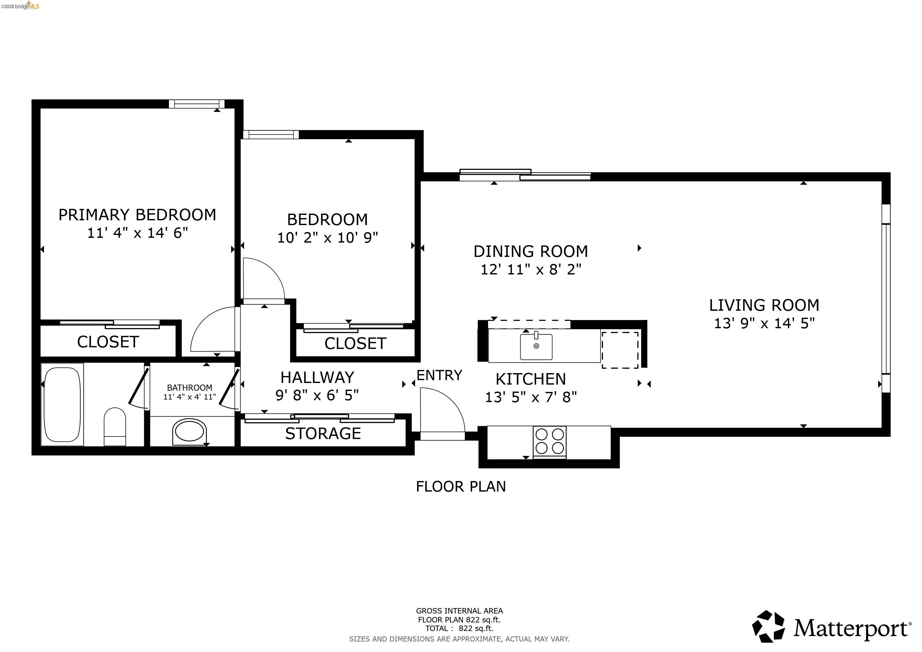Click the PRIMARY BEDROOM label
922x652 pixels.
[x=137, y=215]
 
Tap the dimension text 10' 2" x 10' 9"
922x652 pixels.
[x=327, y=238]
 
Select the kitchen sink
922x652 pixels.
[x=536, y=346]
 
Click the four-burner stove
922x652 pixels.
[x=549, y=442]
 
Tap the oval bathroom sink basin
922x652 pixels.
[x=189, y=432]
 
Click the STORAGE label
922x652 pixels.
[x=323, y=434]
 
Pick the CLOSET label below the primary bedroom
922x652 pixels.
[x=108, y=342]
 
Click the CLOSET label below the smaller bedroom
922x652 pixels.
[x=355, y=344]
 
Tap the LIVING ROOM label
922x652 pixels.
[x=764, y=305]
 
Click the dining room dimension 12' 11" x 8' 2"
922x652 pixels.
[x=530, y=269]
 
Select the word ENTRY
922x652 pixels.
[x=439, y=375]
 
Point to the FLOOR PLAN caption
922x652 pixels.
[x=461, y=486]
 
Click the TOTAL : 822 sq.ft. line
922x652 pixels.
[x=459, y=629]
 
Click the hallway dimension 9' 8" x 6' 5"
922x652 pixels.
[x=317, y=395]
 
